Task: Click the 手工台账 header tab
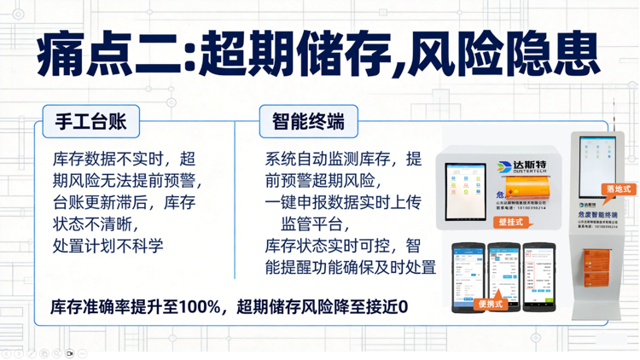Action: point(90,121)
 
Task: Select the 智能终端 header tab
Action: point(308,121)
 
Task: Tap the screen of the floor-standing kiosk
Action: point(596,159)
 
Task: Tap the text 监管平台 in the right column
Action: point(315,224)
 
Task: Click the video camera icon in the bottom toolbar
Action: point(70,352)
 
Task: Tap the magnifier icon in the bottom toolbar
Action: point(56,352)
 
